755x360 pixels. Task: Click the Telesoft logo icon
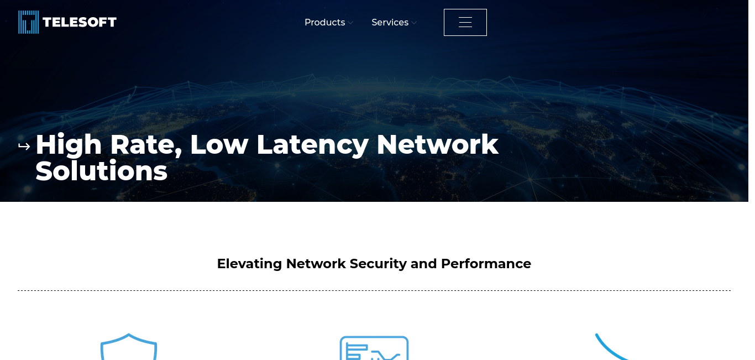click(x=29, y=22)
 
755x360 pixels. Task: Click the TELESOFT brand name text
click(x=80, y=22)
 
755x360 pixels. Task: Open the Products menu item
click(x=324, y=23)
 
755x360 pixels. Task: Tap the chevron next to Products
click(x=350, y=23)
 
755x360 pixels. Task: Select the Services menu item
click(x=390, y=23)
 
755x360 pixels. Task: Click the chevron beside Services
click(x=414, y=23)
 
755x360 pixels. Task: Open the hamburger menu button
click(x=465, y=22)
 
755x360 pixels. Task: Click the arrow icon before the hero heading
click(x=24, y=147)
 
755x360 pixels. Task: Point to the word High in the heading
click(x=69, y=145)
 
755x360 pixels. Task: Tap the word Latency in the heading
click(x=312, y=145)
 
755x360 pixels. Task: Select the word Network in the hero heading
click(x=437, y=145)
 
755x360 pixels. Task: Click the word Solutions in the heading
click(x=101, y=171)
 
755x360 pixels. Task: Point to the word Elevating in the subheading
click(x=249, y=264)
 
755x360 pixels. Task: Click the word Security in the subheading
click(x=379, y=264)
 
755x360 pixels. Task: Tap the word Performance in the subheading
click(x=486, y=264)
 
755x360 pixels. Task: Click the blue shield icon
click(x=129, y=347)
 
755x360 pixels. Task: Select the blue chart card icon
click(x=374, y=348)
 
